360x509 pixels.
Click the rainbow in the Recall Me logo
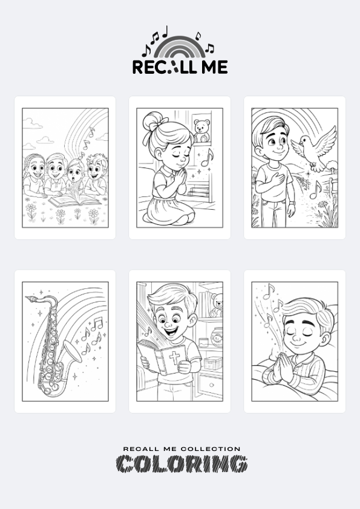pyautogui.click(x=179, y=41)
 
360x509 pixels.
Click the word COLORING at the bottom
pyautogui.click(x=182, y=464)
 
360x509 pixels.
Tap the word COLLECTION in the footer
pyautogui.click(x=210, y=449)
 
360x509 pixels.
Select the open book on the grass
pyautogui.click(x=74, y=201)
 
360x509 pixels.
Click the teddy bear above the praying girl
pyautogui.click(x=201, y=131)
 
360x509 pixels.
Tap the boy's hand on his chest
pyautogui.click(x=278, y=179)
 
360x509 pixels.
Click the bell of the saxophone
pyautogui.click(x=73, y=351)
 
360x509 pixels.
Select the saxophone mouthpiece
pyautogui.click(x=32, y=298)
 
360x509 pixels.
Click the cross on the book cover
pyautogui.click(x=174, y=357)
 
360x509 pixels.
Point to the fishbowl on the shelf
pyautogui.click(x=216, y=337)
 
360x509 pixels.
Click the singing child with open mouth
pyautogui.click(x=75, y=176)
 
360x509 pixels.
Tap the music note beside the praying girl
pyautogui.click(x=207, y=158)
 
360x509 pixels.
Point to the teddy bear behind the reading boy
pyautogui.click(x=217, y=305)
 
